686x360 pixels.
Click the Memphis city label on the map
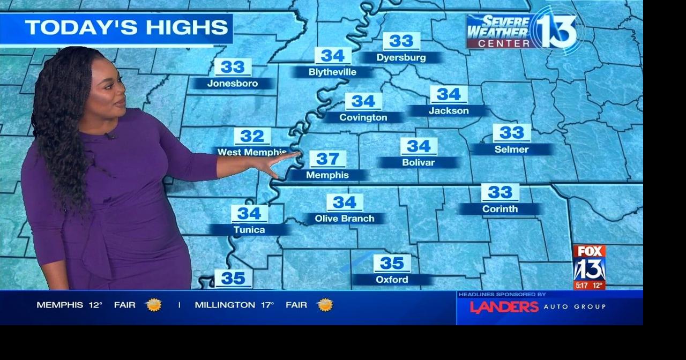pyautogui.click(x=327, y=175)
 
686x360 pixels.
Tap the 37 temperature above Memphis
pyautogui.click(x=327, y=159)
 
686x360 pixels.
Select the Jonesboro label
pyautogui.click(x=233, y=84)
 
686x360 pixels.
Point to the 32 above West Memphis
pyautogui.click(x=252, y=136)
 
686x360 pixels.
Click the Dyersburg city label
pyautogui.click(x=401, y=57)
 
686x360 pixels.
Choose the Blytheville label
pyautogui.click(x=332, y=72)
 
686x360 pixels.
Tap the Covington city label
pyautogui.click(x=363, y=117)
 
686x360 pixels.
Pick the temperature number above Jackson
pyautogui.click(x=449, y=94)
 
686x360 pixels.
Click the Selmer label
pyautogui.click(x=511, y=149)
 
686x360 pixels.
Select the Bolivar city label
pyautogui.click(x=418, y=162)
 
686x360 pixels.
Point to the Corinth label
pyautogui.click(x=499, y=209)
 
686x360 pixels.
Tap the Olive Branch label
pyautogui.click(x=344, y=219)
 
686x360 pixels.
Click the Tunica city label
pyautogui.click(x=249, y=230)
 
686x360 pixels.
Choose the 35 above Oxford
pyautogui.click(x=392, y=264)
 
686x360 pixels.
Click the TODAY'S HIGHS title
pyautogui.click(x=126, y=28)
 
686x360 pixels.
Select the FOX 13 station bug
pyautogui.click(x=589, y=267)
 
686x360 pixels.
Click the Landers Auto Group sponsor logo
pyautogui.click(x=538, y=307)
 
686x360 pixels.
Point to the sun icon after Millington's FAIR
pyautogui.click(x=325, y=305)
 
